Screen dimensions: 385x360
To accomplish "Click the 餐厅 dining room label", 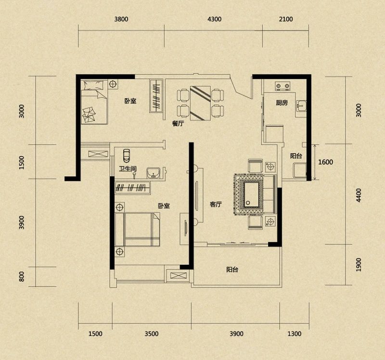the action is (178, 124).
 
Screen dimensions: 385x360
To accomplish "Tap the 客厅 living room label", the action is (216, 205).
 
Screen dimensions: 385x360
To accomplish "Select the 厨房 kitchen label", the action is (282, 103).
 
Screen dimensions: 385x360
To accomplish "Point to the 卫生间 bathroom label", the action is (128, 169).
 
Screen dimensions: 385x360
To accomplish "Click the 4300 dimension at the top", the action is (214, 19).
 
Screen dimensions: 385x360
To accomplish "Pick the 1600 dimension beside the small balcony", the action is (326, 162).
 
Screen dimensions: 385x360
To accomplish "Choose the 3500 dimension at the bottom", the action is (152, 334).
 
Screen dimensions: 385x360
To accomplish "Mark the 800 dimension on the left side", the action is (22, 276).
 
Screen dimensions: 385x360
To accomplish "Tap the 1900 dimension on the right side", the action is (359, 265).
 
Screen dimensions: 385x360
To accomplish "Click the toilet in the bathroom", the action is (127, 155).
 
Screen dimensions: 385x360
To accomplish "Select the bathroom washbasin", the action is (154, 173).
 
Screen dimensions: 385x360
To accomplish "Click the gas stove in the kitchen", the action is (282, 86).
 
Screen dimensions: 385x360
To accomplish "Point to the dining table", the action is (200, 103).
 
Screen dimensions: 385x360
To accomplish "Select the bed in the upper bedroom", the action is (94, 102).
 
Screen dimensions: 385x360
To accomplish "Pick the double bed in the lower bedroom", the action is (138, 230).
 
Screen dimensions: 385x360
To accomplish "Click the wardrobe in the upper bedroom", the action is (156, 96).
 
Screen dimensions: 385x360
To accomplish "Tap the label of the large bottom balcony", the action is (232, 270).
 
